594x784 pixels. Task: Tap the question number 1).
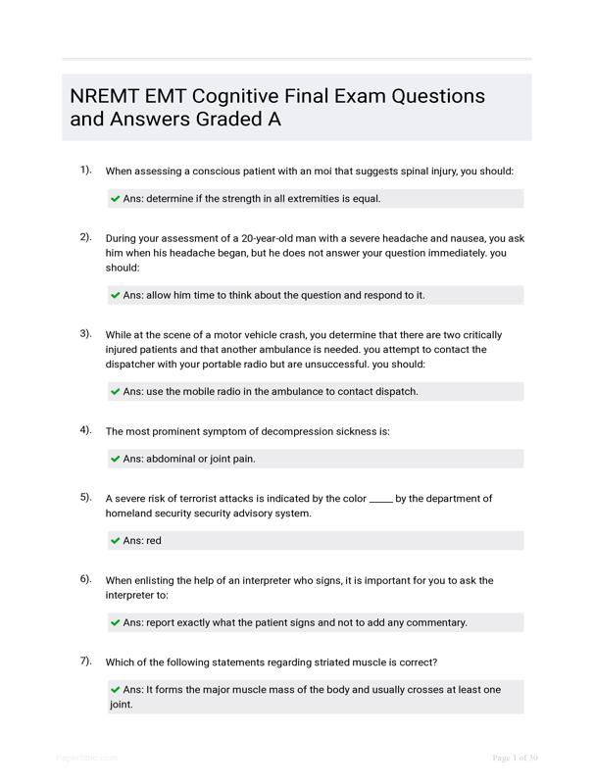pos(86,171)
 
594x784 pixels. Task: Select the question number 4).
pos(86,430)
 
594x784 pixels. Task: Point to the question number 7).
pos(86,661)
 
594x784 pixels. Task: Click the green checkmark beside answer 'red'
pos(116,541)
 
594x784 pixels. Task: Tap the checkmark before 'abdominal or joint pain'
pos(116,459)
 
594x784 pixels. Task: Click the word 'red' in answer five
pos(154,541)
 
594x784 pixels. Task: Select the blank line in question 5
pos(381,499)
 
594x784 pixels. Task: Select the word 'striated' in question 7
pos(297,661)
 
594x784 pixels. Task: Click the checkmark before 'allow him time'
pos(116,295)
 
